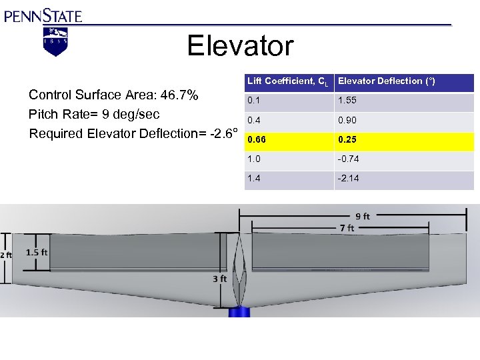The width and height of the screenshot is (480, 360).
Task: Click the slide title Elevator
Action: click(240, 46)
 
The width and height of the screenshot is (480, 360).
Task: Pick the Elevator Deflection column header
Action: click(386, 81)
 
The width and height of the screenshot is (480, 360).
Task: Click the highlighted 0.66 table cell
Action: click(257, 141)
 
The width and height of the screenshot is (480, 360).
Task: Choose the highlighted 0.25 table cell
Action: click(347, 141)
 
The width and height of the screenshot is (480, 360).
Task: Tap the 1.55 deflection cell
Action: click(347, 101)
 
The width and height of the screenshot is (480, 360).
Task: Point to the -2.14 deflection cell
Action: click(349, 179)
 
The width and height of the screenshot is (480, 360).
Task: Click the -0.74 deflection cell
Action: click(349, 160)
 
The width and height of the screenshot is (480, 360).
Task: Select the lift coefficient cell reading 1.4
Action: click(254, 179)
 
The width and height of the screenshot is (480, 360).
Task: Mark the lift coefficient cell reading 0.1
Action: click(254, 101)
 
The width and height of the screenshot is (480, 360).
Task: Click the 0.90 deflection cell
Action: click(347, 121)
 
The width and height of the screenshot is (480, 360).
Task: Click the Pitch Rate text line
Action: click(94, 114)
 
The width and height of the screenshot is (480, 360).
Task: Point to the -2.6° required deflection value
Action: click(223, 133)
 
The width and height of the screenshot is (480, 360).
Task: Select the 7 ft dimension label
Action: click(347, 228)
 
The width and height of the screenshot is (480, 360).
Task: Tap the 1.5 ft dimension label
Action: click(37, 253)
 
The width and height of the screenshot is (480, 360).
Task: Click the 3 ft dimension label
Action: click(220, 279)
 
